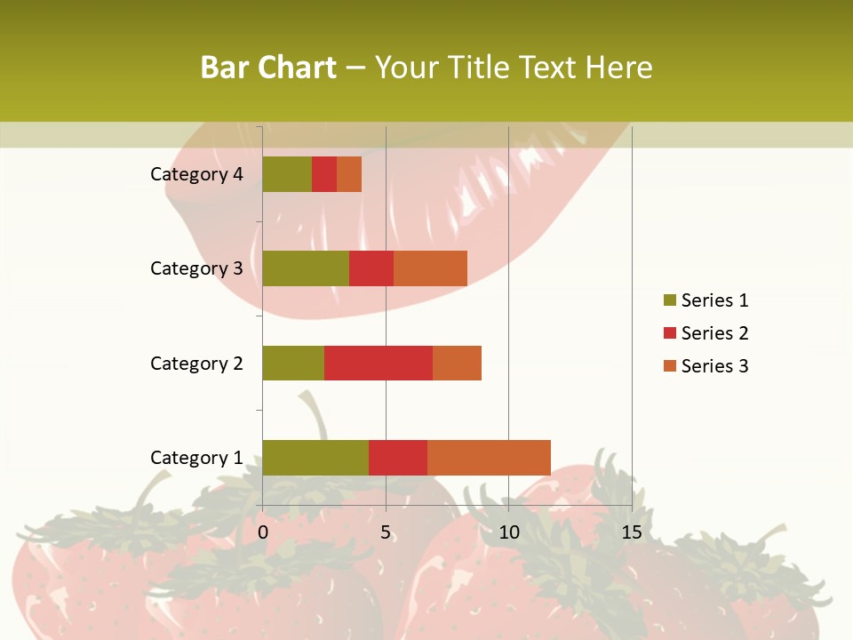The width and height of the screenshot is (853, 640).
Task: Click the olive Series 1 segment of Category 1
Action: point(315,457)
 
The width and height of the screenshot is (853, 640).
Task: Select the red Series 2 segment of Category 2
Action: point(379,363)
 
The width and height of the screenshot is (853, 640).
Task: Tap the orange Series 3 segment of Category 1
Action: point(489,457)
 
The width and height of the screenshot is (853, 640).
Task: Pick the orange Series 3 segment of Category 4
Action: point(349,173)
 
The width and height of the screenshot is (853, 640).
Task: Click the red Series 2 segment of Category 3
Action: point(371,268)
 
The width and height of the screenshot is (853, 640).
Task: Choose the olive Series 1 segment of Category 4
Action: point(287,173)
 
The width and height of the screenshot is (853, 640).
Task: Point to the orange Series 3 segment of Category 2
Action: point(457,363)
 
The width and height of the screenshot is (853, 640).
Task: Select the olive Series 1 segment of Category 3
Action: point(306,268)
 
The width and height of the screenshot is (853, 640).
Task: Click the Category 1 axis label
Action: point(196,458)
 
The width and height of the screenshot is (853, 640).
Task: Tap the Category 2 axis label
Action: point(196,364)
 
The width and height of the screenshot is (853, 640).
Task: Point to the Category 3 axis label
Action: point(196,268)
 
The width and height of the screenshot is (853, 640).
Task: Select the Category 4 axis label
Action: point(196,174)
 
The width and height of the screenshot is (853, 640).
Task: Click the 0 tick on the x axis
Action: point(263,532)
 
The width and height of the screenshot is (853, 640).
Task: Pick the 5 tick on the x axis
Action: point(386,532)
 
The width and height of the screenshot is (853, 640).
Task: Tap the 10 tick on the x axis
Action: point(508,532)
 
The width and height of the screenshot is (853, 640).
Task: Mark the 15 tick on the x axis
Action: point(631,532)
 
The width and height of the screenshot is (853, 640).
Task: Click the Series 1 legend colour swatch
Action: point(670,300)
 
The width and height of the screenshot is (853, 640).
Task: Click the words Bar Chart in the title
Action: point(268,67)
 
